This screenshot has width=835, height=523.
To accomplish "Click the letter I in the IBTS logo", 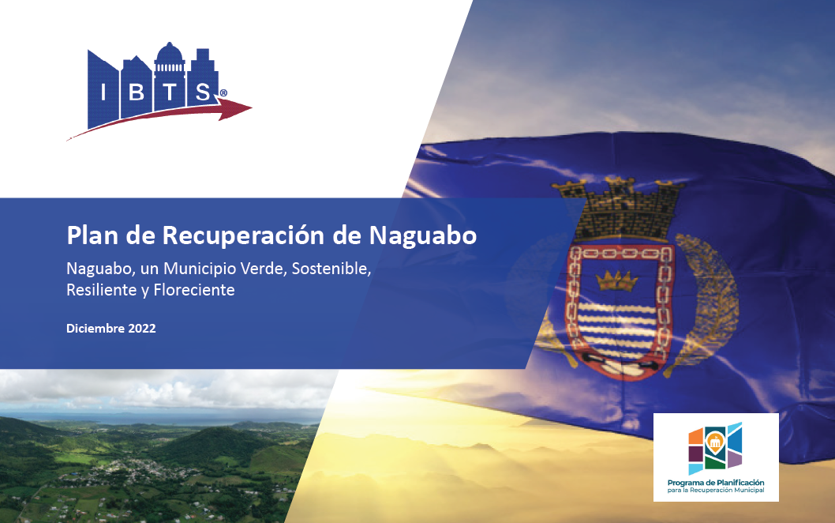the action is pos(103,92).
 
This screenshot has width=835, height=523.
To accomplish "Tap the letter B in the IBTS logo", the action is pos(137,92).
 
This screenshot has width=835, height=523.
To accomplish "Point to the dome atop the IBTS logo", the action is pos(170,53).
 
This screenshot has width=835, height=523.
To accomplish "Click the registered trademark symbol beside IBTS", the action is pos(223,93).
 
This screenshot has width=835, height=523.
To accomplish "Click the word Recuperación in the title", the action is pos(243,235).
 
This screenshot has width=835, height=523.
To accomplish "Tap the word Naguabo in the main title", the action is pos(423,235).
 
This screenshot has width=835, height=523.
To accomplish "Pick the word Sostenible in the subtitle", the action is pos(331,269).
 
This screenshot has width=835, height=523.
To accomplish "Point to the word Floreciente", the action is pos(194,290).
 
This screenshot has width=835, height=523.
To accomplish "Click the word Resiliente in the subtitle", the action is pos(101,290).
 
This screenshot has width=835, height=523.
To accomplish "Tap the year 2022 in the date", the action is pos(142,329).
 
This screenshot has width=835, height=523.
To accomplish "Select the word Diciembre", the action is pos(95,329).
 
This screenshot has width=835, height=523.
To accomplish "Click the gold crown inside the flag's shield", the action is pos(616,280).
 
